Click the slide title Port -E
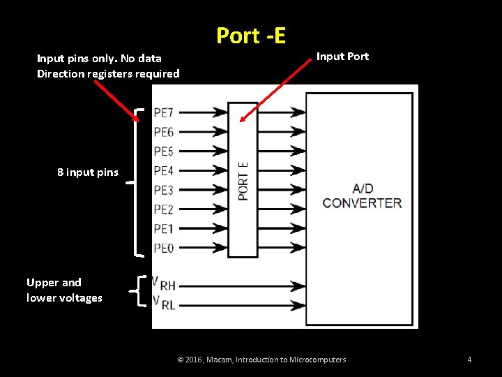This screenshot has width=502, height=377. click(251, 35)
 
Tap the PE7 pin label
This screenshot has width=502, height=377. click(163, 112)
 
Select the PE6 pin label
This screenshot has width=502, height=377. click(163, 132)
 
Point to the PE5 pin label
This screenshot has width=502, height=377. click(163, 151)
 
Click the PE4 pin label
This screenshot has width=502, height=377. click(163, 170)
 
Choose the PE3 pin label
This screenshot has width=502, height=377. click(163, 190)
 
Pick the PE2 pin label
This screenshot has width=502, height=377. click(163, 209)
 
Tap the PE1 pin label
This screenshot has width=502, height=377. click(163, 228)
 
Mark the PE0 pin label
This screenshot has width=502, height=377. click(163, 247)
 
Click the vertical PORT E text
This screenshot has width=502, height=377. click(243, 181)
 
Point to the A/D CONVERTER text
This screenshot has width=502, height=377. click(362, 195)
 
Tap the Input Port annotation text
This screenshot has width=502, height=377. click(342, 56)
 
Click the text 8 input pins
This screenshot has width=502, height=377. click(88, 172)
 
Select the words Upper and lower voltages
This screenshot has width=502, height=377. click(64, 290)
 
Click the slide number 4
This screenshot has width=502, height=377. click(469, 360)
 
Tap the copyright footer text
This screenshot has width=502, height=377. click(261, 360)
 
